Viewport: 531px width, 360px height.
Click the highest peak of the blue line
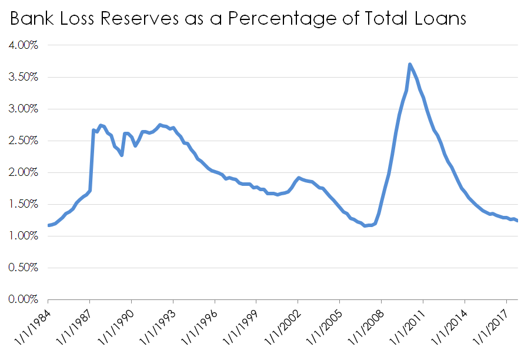(x=409, y=64)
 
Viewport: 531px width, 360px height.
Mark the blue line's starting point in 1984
(x=49, y=225)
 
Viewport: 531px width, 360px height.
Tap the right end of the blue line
(x=517, y=221)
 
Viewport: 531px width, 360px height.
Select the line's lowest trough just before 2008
(x=366, y=226)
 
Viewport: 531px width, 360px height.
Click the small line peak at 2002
(x=299, y=178)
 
